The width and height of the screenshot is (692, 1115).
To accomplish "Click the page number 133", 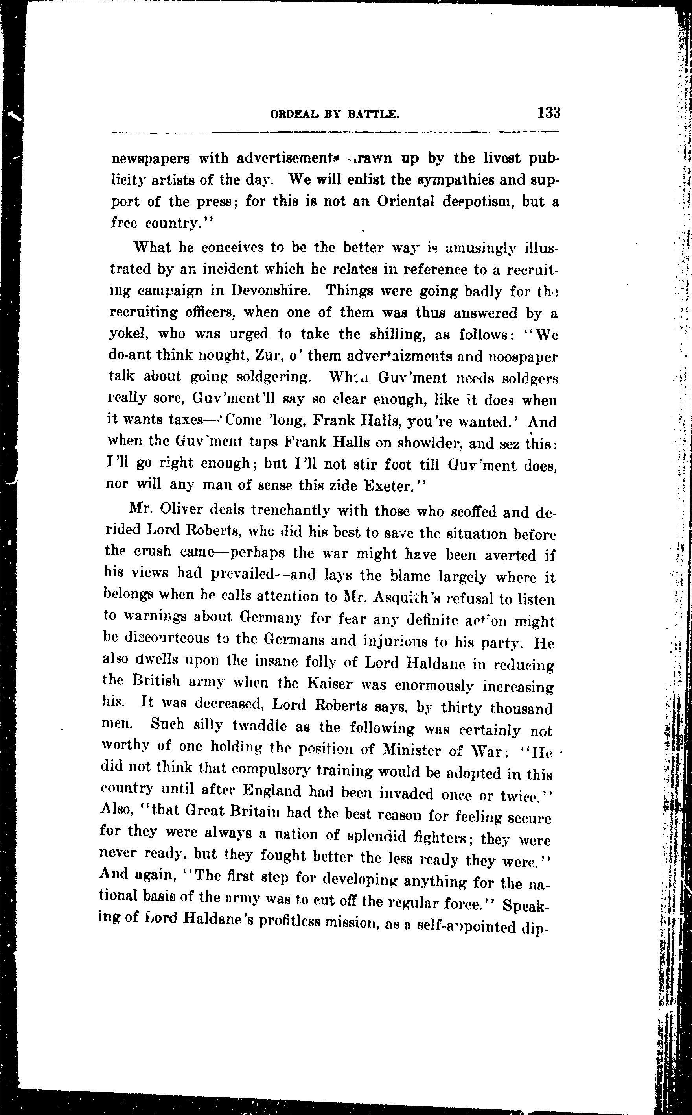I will click(x=549, y=113).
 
